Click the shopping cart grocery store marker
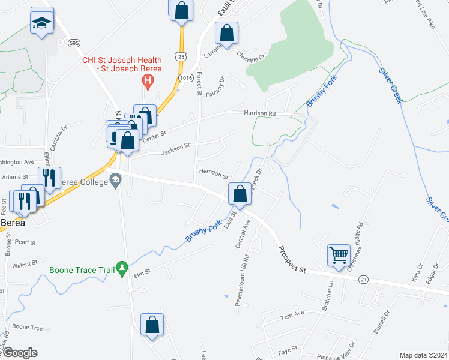pyautogui.click(x=339, y=254)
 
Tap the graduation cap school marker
pyautogui.click(x=41, y=22)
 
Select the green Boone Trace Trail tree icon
pyautogui.click(x=122, y=269)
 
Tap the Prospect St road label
pyautogui.click(x=292, y=259)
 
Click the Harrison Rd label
pyautogui.click(x=259, y=113)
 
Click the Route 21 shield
pyautogui.click(x=363, y=280)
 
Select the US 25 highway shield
pyautogui.click(x=181, y=56)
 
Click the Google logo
pyautogui.click(x=19, y=353)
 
